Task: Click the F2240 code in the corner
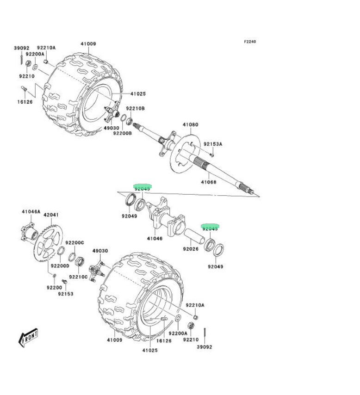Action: [250, 42]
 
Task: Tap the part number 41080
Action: [190, 125]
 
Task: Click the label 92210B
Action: [137, 108]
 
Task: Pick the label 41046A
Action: [31, 211]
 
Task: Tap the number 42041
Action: [51, 215]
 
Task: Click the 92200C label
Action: [74, 243]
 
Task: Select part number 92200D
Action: [60, 266]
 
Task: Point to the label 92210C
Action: [79, 277]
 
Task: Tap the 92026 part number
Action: [190, 249]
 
